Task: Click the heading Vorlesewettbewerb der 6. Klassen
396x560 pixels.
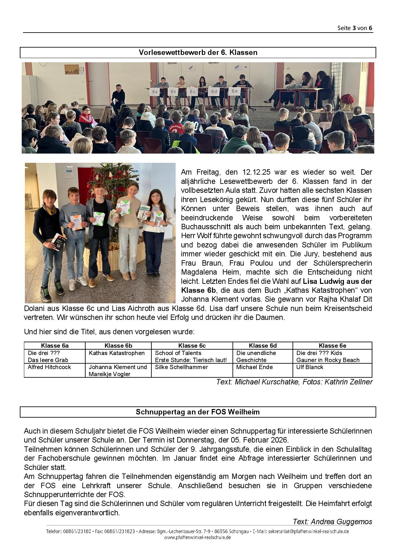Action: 198,53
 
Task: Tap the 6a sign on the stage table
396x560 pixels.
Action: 155,92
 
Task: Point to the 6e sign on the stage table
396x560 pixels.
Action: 234,91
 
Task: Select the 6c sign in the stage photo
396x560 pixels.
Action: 192,92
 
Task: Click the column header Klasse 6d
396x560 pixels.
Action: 263,346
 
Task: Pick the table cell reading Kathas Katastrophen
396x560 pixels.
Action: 117,353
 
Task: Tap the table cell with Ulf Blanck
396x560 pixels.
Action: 309,367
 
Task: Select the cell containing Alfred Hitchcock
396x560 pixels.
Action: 49,367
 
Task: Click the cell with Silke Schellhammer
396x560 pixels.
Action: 181,367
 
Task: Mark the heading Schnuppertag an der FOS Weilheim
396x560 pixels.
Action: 198,412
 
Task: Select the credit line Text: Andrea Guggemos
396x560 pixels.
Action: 332,522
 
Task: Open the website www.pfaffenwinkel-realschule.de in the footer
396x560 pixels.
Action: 197,537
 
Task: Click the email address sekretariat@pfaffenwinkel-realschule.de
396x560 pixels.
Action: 308,532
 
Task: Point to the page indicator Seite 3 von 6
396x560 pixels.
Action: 354,28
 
